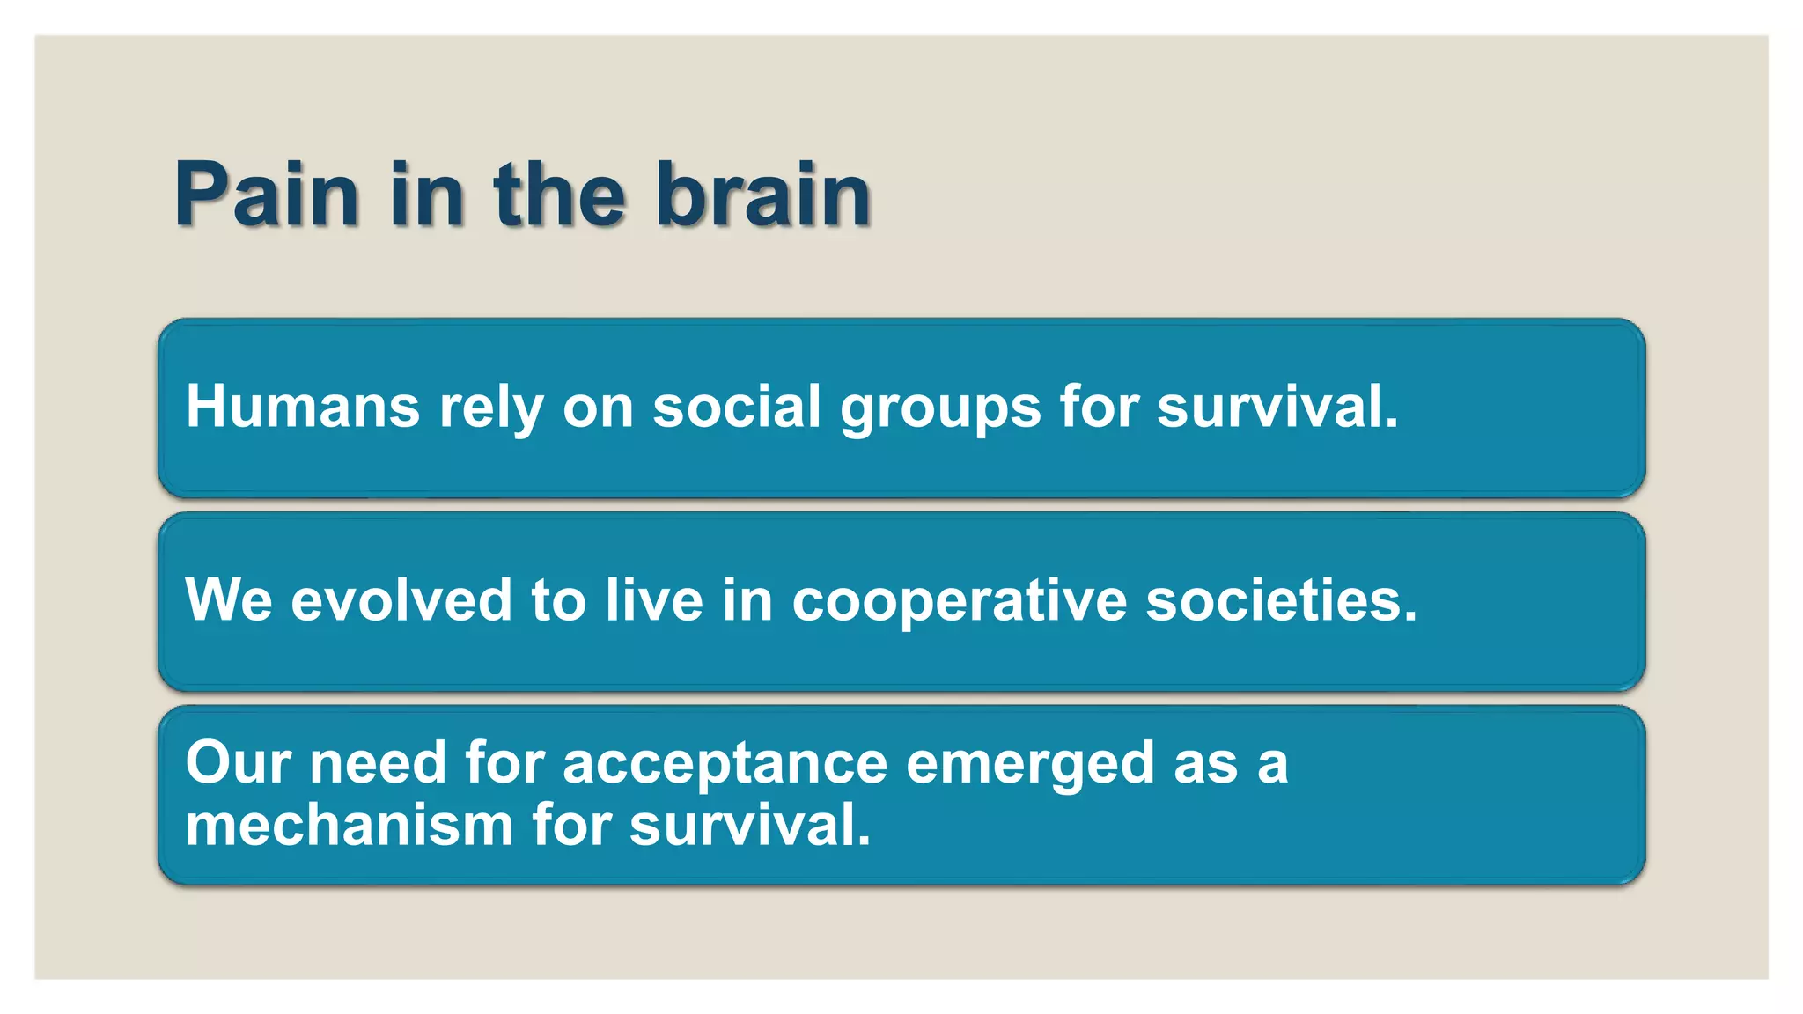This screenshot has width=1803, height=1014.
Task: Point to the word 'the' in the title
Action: click(559, 195)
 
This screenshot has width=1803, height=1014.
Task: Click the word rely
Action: click(490, 408)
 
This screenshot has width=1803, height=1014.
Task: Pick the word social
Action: click(737, 407)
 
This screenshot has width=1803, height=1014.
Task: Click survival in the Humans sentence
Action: click(1277, 407)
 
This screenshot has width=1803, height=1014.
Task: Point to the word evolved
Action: click(401, 600)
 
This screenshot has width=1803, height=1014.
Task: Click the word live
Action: click(654, 600)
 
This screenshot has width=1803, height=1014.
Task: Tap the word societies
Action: click(1281, 600)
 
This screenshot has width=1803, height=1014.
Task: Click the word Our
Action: click(238, 762)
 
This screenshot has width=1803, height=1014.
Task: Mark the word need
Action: click(378, 762)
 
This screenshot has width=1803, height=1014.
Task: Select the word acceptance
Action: click(725, 764)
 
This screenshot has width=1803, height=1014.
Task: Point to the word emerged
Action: click(1029, 764)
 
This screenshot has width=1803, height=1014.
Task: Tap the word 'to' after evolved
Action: click(558, 600)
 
